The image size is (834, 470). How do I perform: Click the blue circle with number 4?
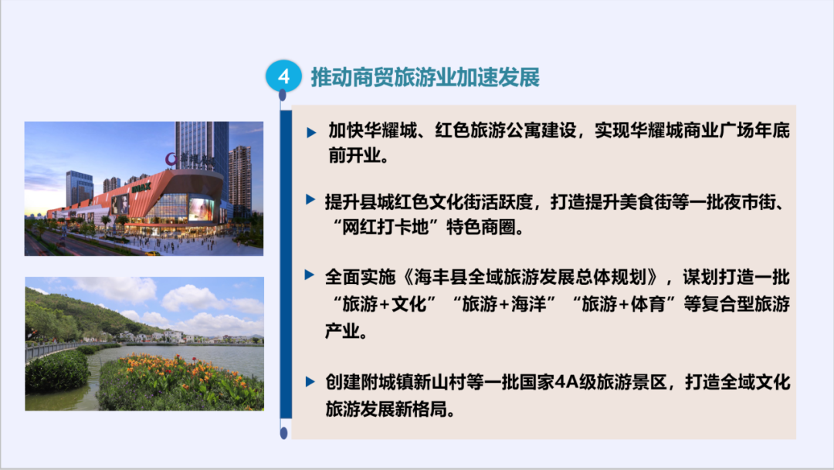[x=283, y=76]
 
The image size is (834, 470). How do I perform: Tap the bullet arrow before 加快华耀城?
[x=311, y=133]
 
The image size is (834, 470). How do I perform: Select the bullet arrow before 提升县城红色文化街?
[x=310, y=200]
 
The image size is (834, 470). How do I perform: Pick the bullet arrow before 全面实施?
[x=309, y=275]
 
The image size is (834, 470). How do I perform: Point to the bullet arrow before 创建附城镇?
[x=310, y=382]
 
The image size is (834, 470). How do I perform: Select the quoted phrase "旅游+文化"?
[x=384, y=305]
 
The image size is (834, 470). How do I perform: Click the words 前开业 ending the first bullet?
[x=354, y=156]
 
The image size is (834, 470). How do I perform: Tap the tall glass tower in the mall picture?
[x=202, y=146]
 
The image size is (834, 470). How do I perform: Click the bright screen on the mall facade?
[x=202, y=209]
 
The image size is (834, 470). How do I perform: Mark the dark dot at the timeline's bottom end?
[x=283, y=433]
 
